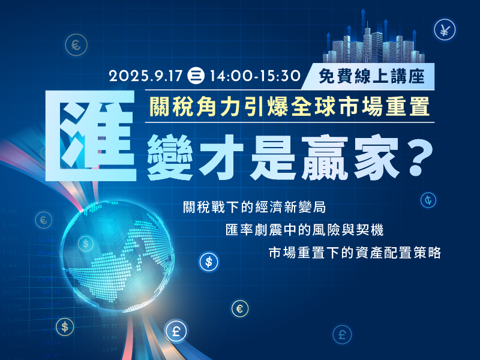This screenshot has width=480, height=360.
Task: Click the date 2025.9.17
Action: click(146, 76)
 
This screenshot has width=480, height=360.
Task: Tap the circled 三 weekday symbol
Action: click(196, 76)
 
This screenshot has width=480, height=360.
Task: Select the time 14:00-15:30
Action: click(255, 76)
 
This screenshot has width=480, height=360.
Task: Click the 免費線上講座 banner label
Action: click(371, 76)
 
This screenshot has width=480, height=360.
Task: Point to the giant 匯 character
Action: click(91, 136)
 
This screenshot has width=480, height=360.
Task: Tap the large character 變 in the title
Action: click(170, 157)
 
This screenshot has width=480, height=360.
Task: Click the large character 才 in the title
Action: click(221, 157)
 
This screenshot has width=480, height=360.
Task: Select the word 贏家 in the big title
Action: click(350, 157)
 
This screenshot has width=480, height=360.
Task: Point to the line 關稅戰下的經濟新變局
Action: click(254, 207)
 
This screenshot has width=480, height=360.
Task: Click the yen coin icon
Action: click(445, 30)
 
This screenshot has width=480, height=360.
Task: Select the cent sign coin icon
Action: click(428, 200)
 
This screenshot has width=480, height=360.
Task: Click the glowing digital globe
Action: click(118, 256)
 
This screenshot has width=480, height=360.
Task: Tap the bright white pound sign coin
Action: click(176, 331)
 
